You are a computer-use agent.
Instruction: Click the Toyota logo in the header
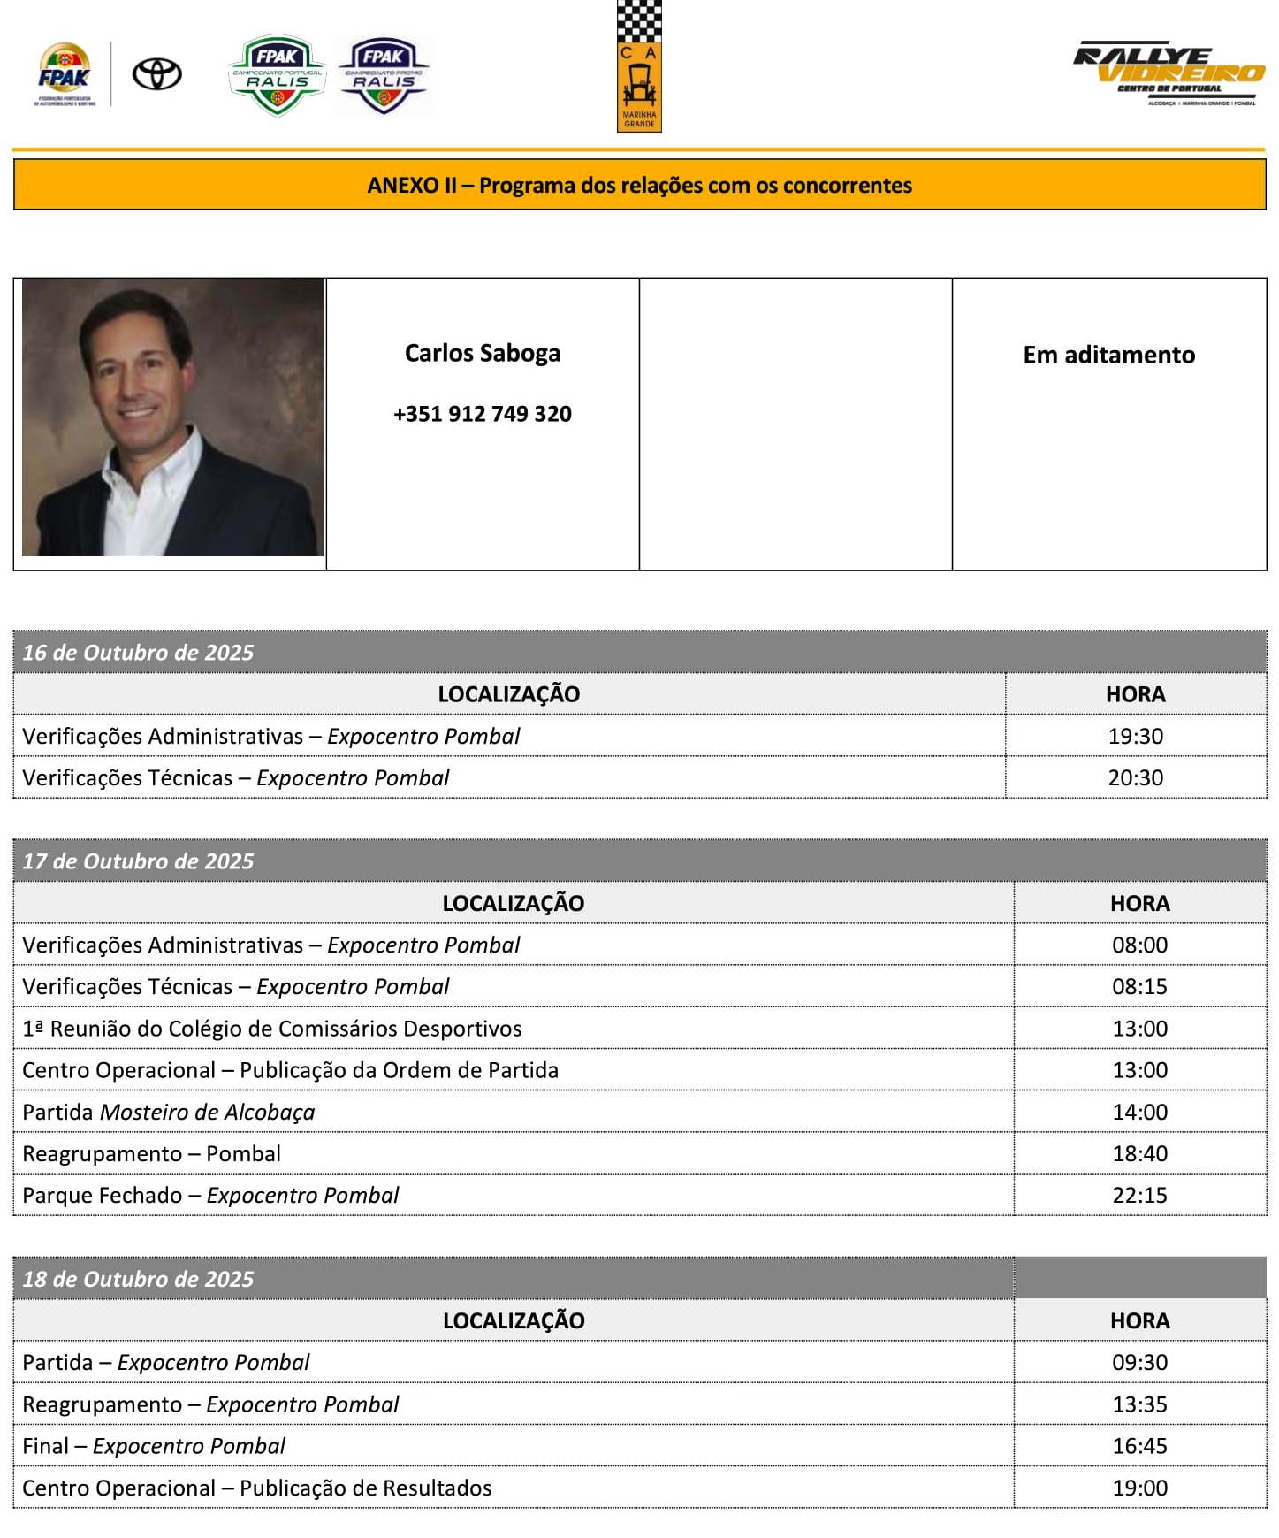coord(156,74)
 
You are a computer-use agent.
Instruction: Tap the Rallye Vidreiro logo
coord(1169,73)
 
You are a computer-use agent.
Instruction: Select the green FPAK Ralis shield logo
coord(277,75)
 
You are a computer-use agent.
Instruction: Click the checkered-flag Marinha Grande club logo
coord(639,66)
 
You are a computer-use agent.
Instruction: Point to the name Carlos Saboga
coord(482,353)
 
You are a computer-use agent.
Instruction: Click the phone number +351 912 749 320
coord(482,414)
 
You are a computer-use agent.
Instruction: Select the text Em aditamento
coord(1108,355)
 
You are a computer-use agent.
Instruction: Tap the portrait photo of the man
coord(172,417)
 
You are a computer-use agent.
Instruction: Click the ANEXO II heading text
coord(639,185)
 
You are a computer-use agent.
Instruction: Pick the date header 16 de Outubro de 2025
coord(138,653)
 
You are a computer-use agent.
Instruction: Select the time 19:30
coord(1135,736)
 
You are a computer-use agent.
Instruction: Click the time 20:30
coord(1135,777)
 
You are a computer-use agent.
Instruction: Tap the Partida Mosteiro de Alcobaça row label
coord(168,1112)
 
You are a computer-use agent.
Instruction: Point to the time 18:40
coord(1139,1153)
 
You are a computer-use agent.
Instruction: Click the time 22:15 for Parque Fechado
coord(1139,1195)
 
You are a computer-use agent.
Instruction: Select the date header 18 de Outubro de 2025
coord(138,1279)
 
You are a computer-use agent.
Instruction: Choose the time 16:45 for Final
coord(1139,1446)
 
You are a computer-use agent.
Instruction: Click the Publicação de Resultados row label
coord(256,1488)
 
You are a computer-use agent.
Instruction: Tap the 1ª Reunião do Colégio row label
coord(271,1029)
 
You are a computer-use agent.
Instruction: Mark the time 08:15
coord(1139,986)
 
